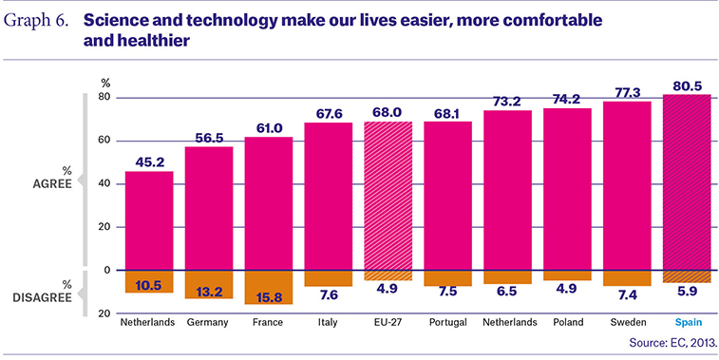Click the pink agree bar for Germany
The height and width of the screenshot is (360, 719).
(x=209, y=208)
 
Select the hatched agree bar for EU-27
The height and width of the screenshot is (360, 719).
(x=388, y=196)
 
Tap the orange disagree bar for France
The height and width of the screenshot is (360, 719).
(x=268, y=287)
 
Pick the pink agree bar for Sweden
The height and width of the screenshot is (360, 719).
(x=627, y=186)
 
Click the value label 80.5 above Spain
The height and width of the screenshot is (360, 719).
(x=687, y=85)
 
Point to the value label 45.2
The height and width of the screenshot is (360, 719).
(x=149, y=161)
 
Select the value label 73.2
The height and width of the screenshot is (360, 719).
(x=507, y=102)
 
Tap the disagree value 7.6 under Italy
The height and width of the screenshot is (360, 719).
(x=329, y=294)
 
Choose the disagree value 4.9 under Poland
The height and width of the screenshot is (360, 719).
(x=568, y=289)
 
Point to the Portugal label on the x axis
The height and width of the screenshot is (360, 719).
(x=448, y=322)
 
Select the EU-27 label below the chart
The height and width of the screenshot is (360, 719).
(x=388, y=322)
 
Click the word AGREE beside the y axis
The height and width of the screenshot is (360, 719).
(x=52, y=184)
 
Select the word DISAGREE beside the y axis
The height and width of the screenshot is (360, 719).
(x=42, y=297)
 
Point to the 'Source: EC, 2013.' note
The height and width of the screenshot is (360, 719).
(x=671, y=343)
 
